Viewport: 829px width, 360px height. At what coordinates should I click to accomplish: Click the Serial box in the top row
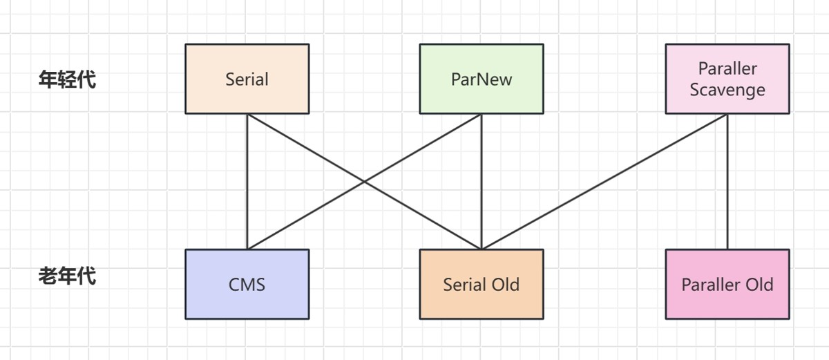pos(247,79)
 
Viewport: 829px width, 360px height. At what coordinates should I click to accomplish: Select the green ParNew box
pos(482,79)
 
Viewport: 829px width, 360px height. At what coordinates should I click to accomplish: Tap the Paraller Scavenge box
pos(727,79)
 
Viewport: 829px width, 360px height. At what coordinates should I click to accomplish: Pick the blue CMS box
pos(247,284)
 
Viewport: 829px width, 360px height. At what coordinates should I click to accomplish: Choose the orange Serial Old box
pos(482,284)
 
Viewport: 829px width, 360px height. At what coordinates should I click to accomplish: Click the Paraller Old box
pos(727,284)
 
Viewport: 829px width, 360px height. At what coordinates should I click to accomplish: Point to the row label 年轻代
pos(68,79)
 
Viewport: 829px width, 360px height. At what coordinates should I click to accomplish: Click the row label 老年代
pos(68,276)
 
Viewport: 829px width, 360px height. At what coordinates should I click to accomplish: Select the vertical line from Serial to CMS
pos(247,181)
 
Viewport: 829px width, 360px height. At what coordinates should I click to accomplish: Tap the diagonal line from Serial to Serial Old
pos(364,181)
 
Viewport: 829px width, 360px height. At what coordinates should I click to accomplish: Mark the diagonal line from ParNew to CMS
pos(364,181)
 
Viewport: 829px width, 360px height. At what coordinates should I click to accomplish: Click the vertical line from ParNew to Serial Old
pos(482,181)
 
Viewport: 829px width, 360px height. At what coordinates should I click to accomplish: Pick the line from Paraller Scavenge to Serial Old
pos(604,181)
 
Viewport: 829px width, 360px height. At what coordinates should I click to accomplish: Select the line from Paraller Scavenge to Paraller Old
pos(727,181)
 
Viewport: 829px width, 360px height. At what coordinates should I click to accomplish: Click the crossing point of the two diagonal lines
pos(364,182)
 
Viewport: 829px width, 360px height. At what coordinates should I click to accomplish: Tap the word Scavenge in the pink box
pos(727,90)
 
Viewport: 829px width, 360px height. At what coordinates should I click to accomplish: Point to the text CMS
pos(247,285)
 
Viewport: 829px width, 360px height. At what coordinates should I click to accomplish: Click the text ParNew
pos(482,79)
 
